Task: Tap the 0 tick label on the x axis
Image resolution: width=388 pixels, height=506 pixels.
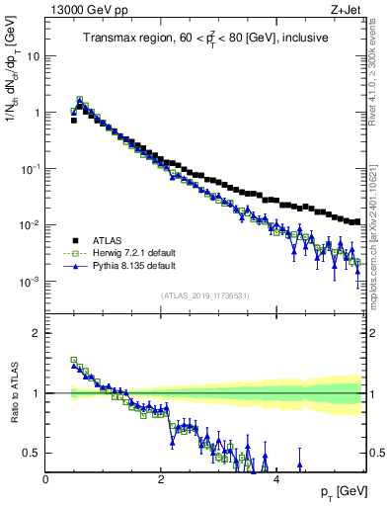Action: (45, 479)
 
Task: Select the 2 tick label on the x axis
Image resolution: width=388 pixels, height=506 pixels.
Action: (161, 479)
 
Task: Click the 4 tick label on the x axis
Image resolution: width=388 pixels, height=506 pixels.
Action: (276, 479)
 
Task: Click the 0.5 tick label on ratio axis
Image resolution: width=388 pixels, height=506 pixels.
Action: (31, 453)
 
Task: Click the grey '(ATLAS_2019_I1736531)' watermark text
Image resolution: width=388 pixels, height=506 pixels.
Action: (204, 295)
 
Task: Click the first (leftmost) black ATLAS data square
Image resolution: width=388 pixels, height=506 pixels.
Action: (74, 120)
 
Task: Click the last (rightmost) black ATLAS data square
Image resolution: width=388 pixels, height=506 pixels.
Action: (356, 221)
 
